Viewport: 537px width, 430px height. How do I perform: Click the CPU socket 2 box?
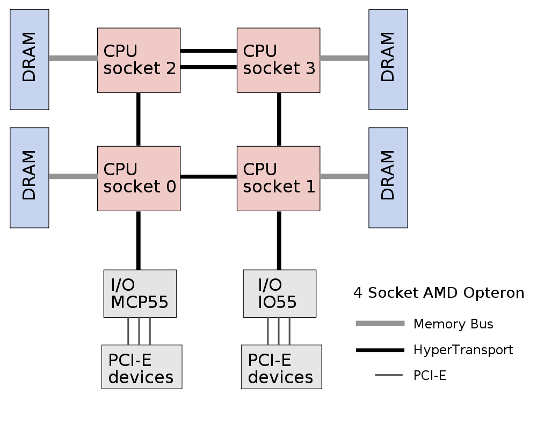(139, 60)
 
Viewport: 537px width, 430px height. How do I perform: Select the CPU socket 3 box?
(278, 60)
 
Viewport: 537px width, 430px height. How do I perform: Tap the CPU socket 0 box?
(139, 178)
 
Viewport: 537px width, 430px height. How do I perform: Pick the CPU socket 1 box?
(278, 178)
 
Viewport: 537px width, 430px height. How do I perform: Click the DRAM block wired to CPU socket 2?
(29, 59)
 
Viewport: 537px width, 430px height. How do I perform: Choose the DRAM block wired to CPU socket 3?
(388, 59)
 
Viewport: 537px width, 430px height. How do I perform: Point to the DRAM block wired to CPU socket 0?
(29, 177)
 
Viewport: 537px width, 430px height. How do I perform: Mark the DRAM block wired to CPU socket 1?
(388, 177)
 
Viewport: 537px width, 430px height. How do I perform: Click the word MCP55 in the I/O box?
(140, 303)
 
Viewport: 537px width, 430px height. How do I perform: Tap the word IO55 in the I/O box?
(277, 303)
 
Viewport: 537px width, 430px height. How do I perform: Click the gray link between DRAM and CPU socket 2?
(73, 58)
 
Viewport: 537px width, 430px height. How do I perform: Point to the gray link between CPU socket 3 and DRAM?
(344, 58)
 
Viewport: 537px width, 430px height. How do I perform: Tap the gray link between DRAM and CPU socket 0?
(73, 176)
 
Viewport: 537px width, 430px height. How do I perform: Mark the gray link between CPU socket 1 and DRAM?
(344, 176)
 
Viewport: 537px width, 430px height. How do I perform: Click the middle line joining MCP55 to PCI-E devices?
(139, 331)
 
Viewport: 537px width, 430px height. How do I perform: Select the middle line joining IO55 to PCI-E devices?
(279, 331)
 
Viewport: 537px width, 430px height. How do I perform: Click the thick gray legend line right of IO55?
(380, 323)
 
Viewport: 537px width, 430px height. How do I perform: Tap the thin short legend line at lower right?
(389, 375)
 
